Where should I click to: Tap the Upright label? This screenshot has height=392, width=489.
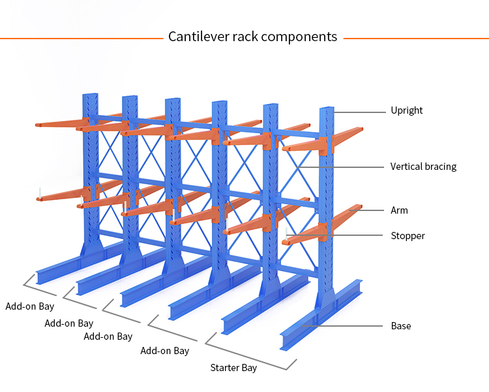point(406,110)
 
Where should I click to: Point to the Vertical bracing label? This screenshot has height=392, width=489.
point(423,167)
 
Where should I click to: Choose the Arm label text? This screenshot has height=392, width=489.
point(399,210)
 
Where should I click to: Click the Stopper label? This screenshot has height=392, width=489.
point(407,236)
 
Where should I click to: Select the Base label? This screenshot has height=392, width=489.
point(400,325)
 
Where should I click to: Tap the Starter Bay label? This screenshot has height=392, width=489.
point(233,368)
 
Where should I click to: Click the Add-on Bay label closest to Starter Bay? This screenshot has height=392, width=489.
point(164,351)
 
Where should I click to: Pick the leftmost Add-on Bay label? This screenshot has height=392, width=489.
point(30,306)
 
